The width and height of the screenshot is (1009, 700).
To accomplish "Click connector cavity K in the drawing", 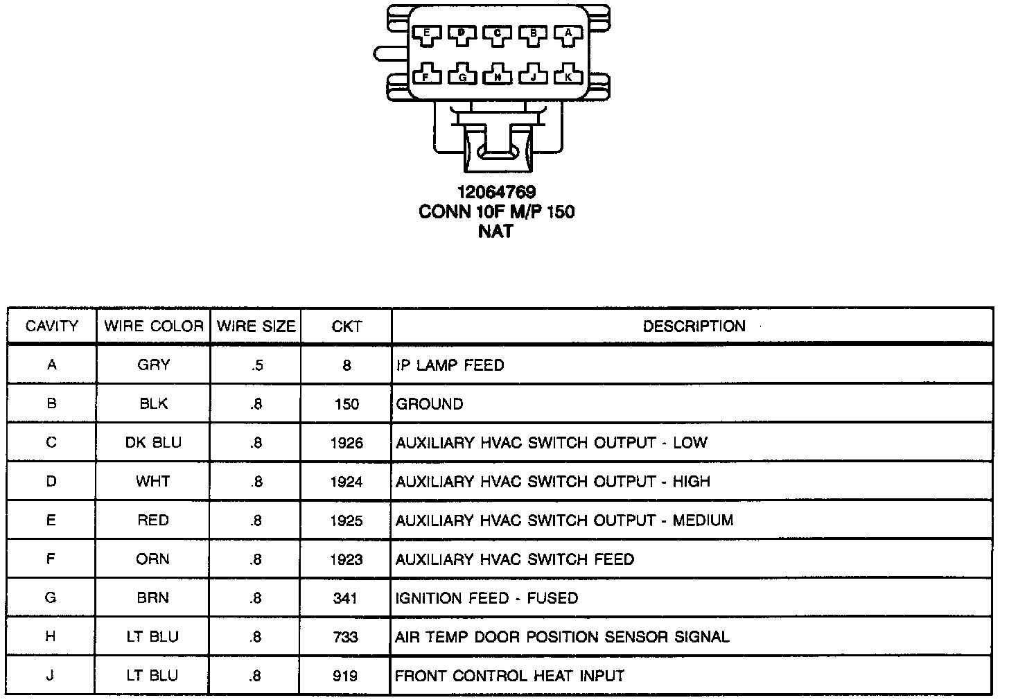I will point(568,76).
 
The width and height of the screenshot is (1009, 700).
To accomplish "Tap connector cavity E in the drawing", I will point(426,33).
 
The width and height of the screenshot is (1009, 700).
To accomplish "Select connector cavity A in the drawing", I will point(568,33).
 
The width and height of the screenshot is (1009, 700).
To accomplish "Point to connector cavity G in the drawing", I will point(462,76).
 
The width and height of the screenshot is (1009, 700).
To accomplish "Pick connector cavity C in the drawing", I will point(497,33).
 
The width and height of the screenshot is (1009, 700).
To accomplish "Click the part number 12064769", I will point(496,192).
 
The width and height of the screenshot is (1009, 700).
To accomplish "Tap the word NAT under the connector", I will point(496,231).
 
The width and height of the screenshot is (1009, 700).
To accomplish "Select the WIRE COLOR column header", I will point(154,326).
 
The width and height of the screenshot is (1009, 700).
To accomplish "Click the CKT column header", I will point(346,326).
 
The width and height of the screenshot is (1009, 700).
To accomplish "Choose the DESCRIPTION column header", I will point(694,326).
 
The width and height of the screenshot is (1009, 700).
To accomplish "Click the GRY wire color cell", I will point(153,365).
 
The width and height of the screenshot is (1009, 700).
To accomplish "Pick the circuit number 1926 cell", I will point(346,443).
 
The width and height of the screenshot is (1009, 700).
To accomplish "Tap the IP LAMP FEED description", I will point(450,365).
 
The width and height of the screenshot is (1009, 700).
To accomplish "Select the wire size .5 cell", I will point(256,366).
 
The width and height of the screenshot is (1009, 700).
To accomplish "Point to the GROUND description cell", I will point(429,404).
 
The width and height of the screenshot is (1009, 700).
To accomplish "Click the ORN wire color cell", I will point(153,559).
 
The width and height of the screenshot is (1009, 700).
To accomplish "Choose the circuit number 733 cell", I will point(346,637).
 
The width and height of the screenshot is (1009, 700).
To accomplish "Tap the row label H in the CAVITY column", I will point(51,637).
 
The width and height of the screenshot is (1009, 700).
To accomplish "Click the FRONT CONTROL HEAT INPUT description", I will point(509,676).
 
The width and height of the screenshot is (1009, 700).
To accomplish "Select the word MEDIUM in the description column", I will point(703,520).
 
